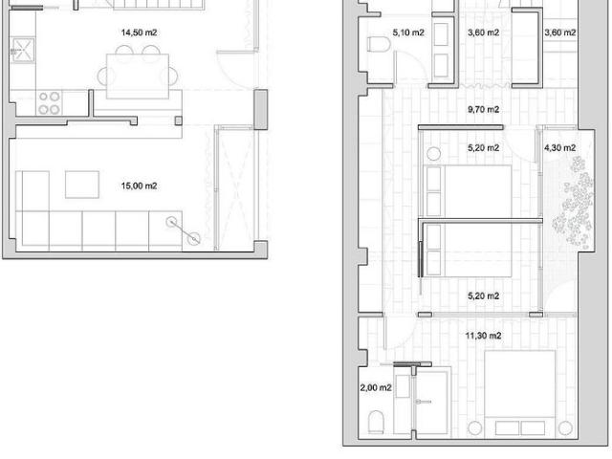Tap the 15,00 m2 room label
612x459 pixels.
(x=139, y=186)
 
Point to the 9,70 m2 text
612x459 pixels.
(x=483, y=110)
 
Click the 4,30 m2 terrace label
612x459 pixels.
(x=559, y=148)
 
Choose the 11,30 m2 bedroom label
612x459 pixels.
(x=483, y=336)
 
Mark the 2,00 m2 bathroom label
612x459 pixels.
(x=376, y=388)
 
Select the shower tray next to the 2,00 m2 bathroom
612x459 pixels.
(x=438, y=402)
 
